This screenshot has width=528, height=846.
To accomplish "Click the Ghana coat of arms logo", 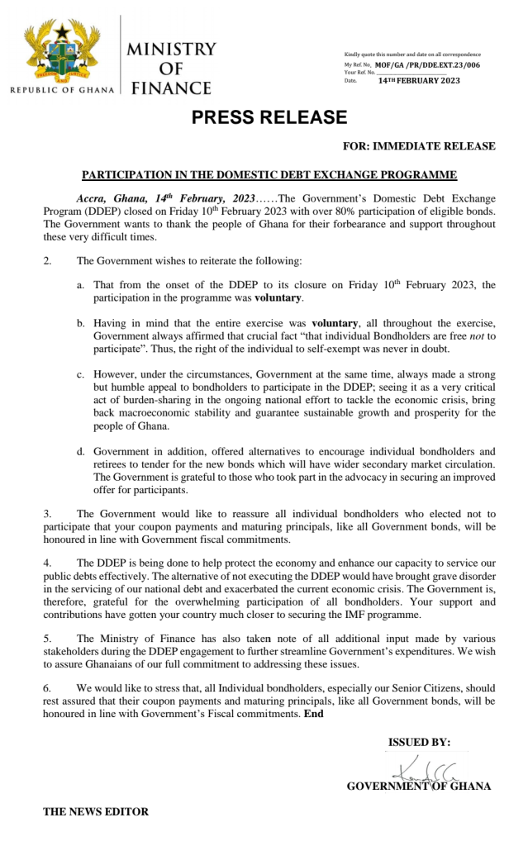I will point(59,51).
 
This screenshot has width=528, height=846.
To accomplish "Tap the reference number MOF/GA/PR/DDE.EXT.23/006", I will point(427,64).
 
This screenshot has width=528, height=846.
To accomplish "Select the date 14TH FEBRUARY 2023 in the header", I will point(419,80).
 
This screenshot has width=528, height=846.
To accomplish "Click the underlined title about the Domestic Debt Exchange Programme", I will point(269,175).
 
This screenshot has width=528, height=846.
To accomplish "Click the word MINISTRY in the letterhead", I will point(172,49).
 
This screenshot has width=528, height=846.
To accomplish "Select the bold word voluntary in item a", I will point(278,297).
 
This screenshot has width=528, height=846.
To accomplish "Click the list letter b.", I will point(80,323).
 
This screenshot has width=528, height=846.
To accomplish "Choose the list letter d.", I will point(80,452).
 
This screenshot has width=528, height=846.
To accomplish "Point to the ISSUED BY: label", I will point(419,742).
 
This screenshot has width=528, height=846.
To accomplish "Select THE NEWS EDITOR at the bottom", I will point(96,811).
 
